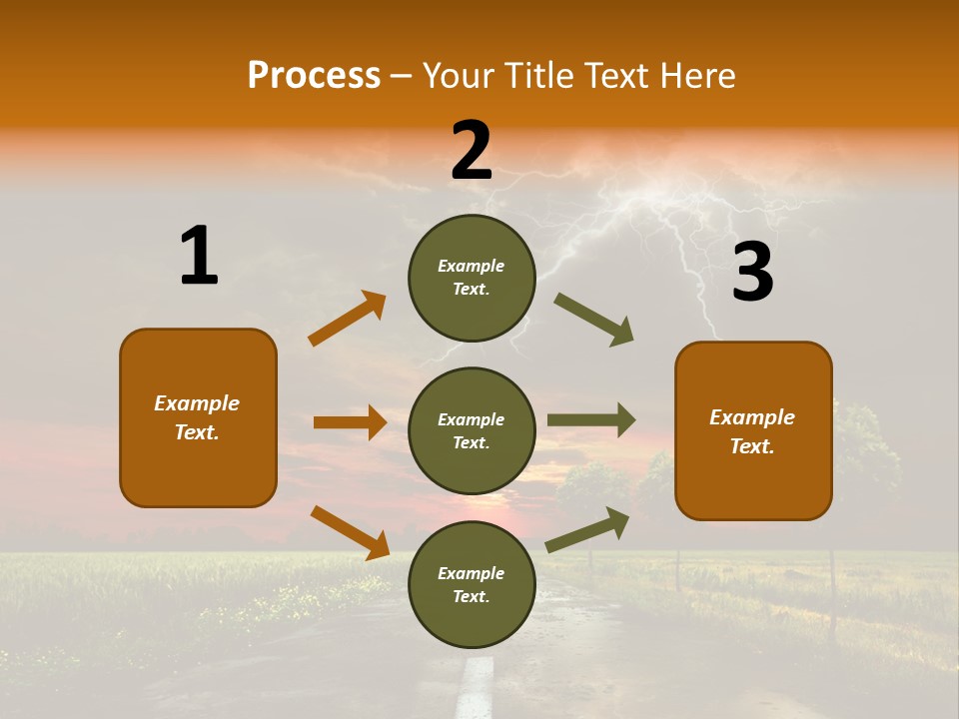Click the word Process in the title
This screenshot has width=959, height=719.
coord(314,75)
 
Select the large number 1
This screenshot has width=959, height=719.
coord(199,257)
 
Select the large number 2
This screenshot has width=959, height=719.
coord(472,151)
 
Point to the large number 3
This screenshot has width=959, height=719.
coord(752,273)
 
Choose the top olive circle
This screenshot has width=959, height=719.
coord(472,277)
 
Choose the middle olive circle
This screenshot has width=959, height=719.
coord(472,430)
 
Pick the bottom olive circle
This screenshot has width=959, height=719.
coord(472,584)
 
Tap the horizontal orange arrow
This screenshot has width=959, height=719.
coord(350,422)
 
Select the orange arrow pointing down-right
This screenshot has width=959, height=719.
coord(350,532)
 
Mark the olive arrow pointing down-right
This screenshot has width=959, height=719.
coord(594,320)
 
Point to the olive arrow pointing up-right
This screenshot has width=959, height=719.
coord(587,529)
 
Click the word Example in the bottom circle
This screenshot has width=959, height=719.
coord(472,573)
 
